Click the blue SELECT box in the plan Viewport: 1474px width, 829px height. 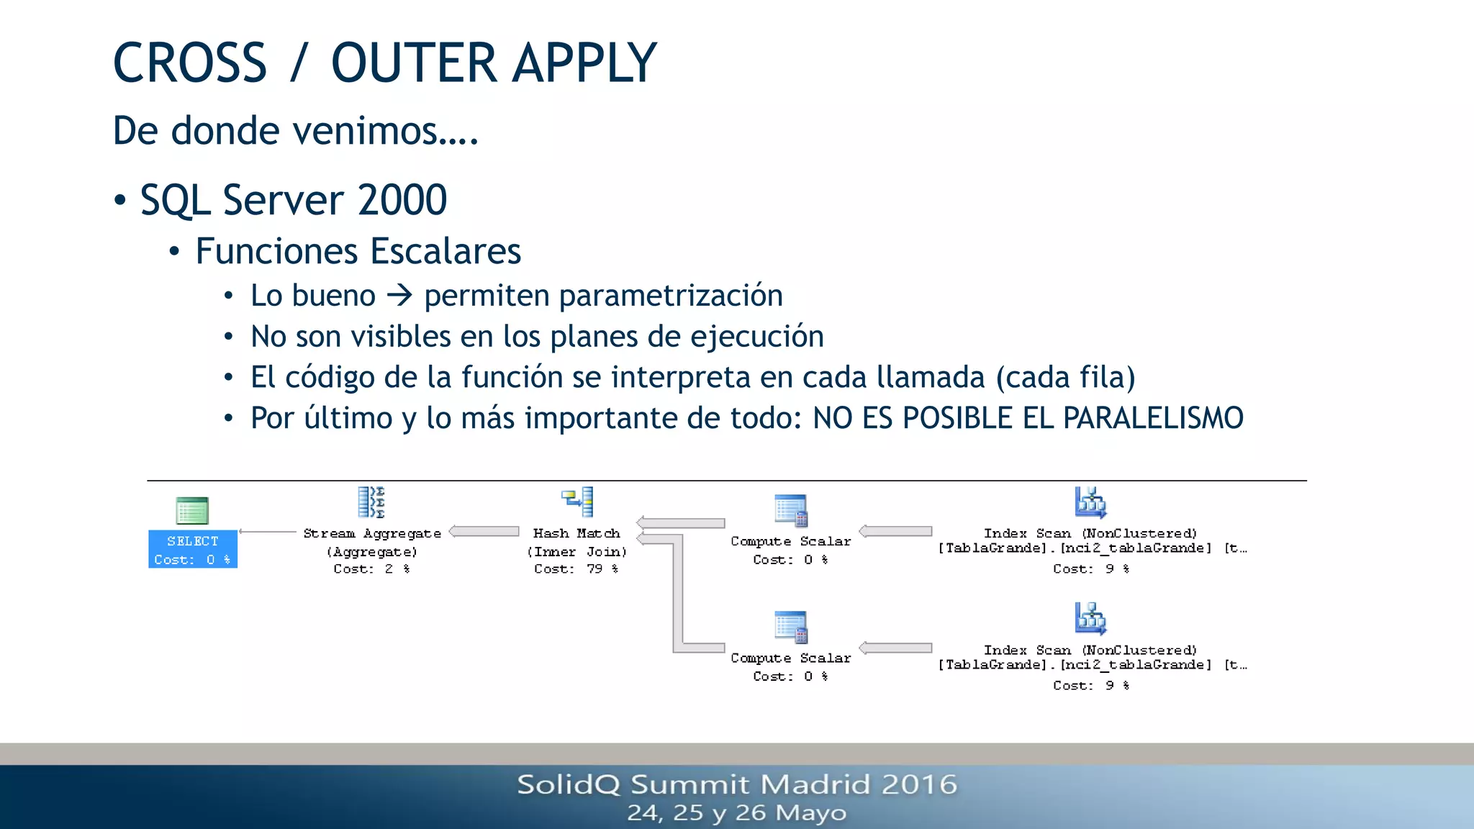(192, 549)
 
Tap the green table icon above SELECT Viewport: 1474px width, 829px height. (192, 511)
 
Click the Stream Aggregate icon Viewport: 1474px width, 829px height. (371, 502)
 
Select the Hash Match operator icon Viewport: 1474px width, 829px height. (577, 502)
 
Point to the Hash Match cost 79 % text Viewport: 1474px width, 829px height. (576, 568)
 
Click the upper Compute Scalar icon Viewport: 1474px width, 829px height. (791, 511)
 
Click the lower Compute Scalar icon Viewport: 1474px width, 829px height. (791, 627)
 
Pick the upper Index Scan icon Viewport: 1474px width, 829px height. (1090, 502)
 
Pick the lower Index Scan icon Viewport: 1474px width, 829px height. (1090, 618)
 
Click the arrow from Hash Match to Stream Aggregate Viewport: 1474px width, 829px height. (484, 532)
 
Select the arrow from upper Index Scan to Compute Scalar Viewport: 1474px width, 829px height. (895, 532)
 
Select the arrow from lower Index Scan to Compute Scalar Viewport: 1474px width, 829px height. (895, 648)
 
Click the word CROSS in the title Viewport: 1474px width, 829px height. (190, 63)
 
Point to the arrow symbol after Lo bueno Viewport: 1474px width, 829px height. (399, 296)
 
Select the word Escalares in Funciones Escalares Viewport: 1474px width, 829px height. (446, 251)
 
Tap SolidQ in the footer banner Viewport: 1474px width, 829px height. (568, 784)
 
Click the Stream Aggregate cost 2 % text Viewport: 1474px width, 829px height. (371, 568)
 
